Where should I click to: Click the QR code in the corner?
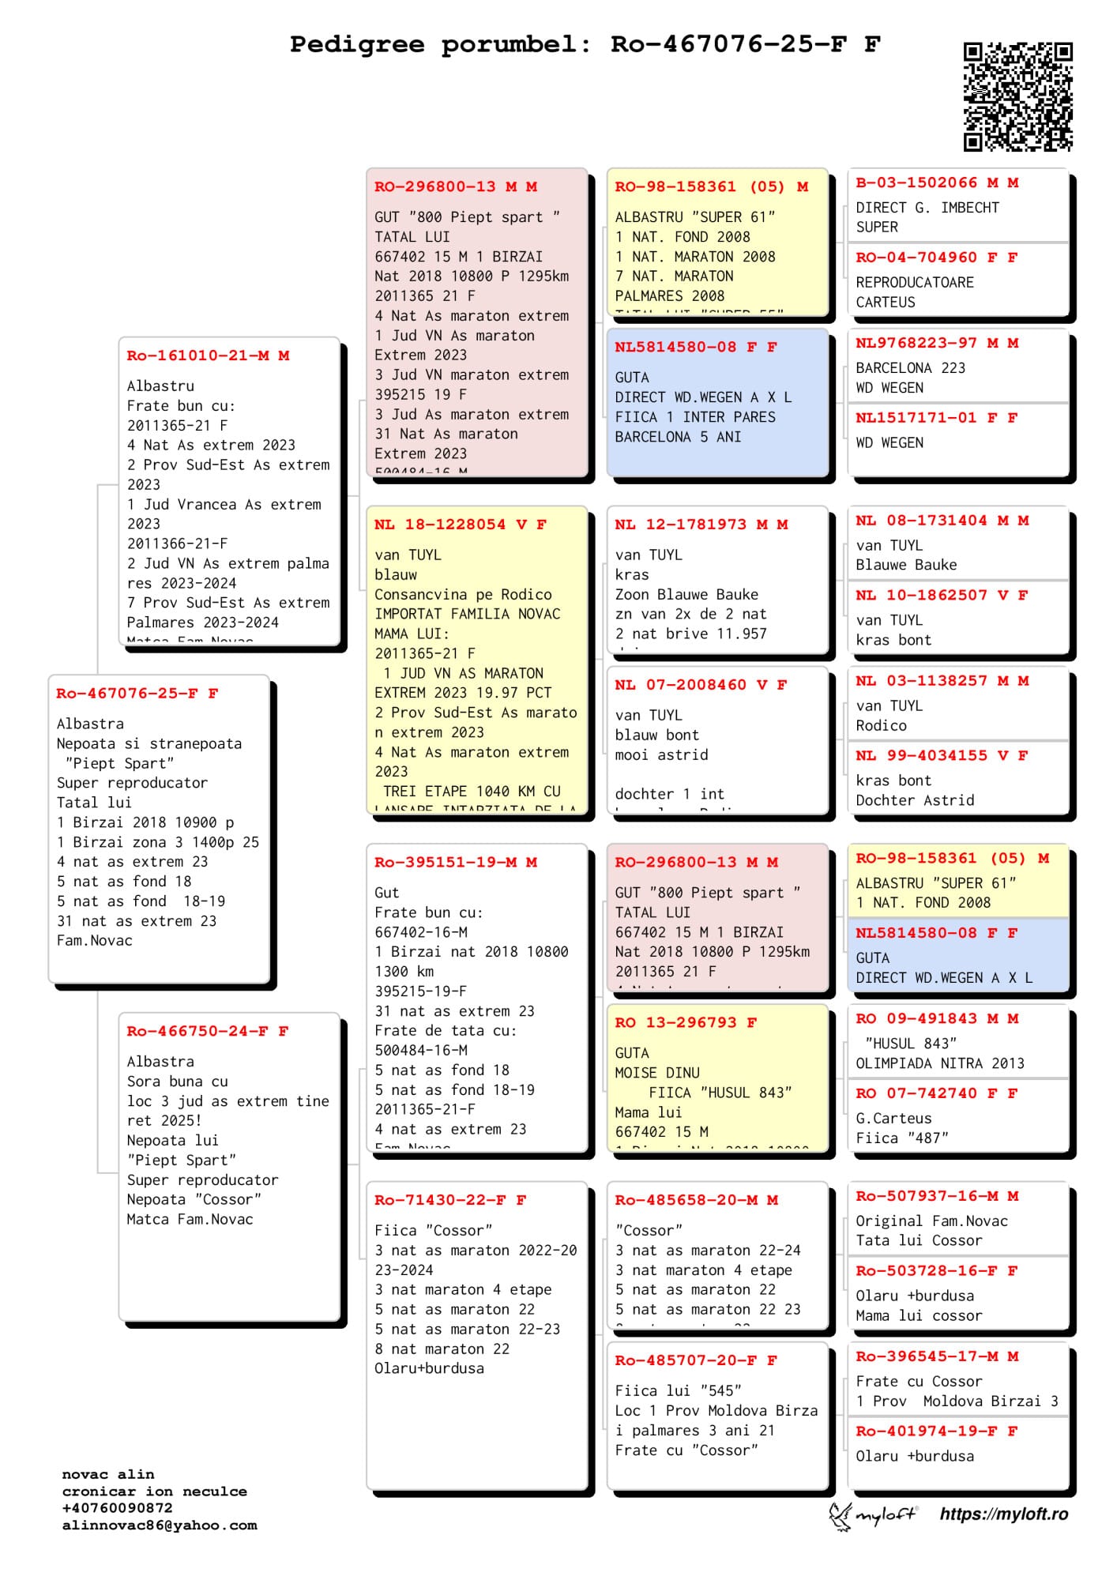(1017, 96)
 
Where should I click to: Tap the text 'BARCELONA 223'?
(910, 368)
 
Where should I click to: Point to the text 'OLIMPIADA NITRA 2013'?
(939, 1063)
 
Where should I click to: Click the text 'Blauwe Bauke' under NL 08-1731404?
(906, 565)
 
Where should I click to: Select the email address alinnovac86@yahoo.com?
(160, 1525)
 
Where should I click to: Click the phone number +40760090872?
(117, 1508)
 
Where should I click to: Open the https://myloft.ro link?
(1003, 1514)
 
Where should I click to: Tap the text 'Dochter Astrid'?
(915, 800)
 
